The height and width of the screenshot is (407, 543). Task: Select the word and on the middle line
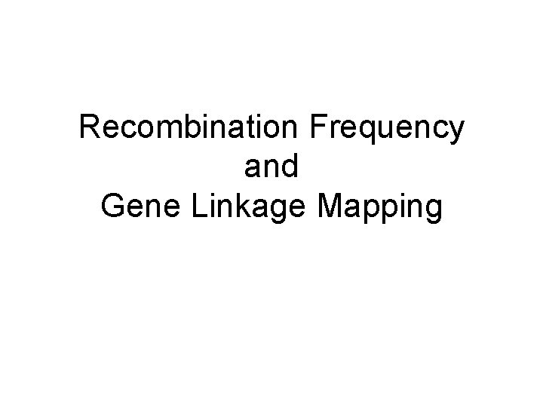click(x=271, y=167)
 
